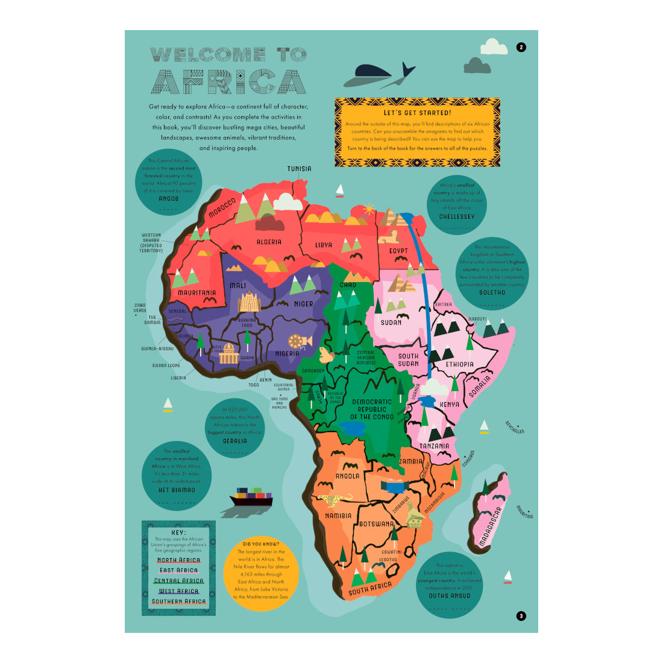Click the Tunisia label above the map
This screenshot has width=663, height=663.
(299, 169)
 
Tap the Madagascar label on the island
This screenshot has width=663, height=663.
(490, 527)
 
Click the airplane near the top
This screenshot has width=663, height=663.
(380, 75)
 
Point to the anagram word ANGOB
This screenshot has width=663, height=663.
(168, 198)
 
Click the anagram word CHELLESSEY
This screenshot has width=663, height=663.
(457, 216)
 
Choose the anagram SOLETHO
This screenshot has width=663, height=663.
(492, 292)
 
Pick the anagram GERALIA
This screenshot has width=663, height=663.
(234, 441)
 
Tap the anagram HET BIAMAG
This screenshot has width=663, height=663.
(177, 490)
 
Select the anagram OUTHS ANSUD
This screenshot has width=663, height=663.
(450, 595)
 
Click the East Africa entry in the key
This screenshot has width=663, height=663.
(178, 570)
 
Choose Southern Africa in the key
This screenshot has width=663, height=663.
(178, 602)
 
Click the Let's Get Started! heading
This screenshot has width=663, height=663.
(417, 113)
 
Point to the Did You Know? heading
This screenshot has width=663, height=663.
(261, 544)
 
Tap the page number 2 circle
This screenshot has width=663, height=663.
(521, 47)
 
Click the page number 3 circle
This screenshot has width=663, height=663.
(521, 615)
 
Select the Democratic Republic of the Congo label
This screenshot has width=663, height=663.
(372, 409)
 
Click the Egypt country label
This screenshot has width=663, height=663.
(398, 251)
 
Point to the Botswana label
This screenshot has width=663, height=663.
(376, 524)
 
